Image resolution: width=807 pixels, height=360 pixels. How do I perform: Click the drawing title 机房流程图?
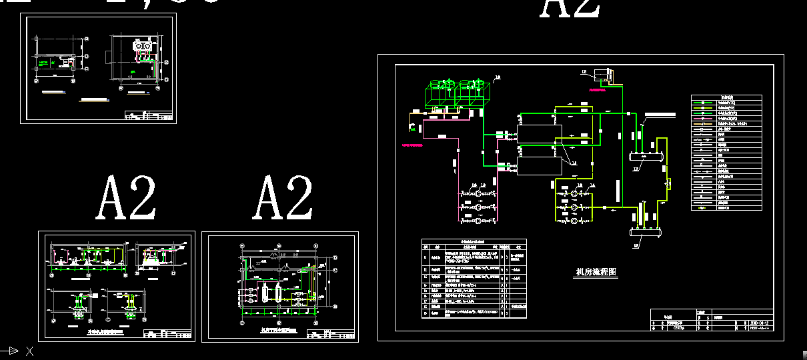[x=597, y=273]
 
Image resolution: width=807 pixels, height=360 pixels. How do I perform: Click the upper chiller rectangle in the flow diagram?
[x=540, y=132]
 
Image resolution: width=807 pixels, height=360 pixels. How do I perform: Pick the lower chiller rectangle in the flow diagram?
[x=540, y=166]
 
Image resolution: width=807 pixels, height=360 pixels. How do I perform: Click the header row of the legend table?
[x=726, y=98]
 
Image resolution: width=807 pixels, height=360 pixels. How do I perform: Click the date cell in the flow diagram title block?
[x=760, y=321]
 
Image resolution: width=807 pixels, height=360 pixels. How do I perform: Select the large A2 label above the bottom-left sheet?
[x=127, y=198]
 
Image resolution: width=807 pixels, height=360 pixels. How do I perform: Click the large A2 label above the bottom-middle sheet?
[x=283, y=198]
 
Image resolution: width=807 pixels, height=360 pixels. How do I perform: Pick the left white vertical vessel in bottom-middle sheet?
[x=263, y=293]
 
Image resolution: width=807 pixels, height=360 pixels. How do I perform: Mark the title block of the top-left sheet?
[x=149, y=116]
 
